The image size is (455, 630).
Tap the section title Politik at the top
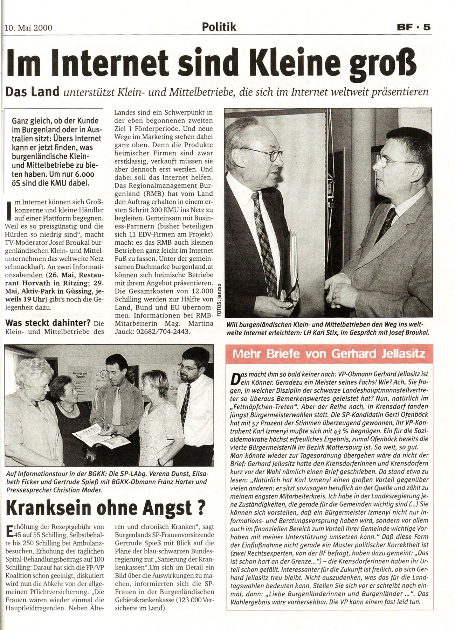tap(219, 27)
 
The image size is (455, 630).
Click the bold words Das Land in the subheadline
tap(33, 92)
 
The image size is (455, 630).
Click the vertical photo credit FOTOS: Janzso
tap(219, 299)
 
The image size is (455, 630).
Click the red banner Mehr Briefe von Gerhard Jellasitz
tap(329, 353)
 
